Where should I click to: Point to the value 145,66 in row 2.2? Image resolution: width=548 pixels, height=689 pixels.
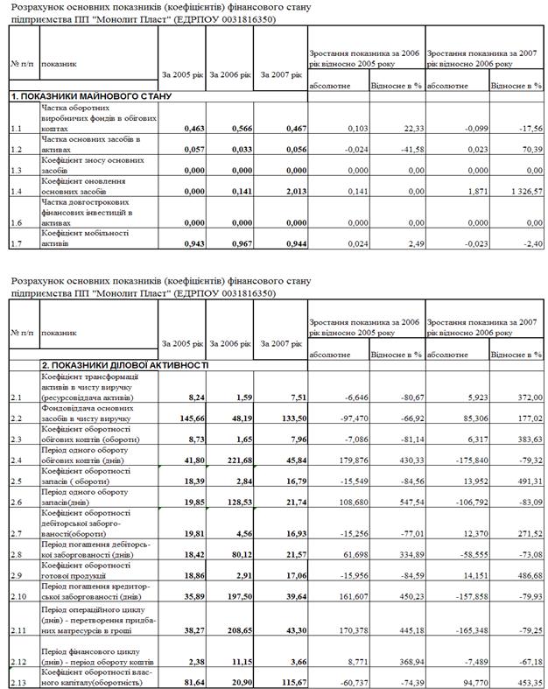click(192, 418)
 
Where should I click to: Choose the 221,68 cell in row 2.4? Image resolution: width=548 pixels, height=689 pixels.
click(238, 460)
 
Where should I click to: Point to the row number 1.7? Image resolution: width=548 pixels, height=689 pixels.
click(18, 243)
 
